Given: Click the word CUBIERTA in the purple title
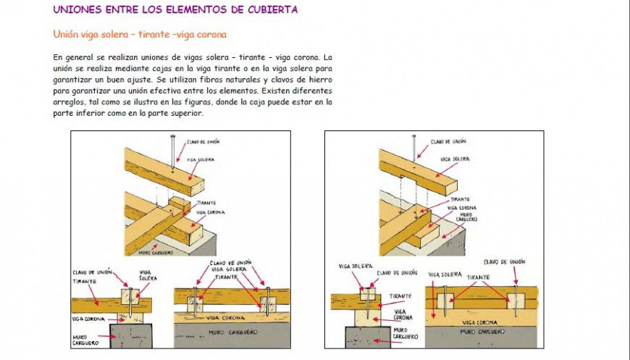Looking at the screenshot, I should click(x=269, y=9).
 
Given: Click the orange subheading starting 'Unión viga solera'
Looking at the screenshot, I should click(x=140, y=34).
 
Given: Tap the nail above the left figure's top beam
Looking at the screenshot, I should click(x=172, y=152).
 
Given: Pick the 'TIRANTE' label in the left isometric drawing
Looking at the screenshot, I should click(x=206, y=203).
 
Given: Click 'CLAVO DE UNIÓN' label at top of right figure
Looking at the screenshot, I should click(x=448, y=141).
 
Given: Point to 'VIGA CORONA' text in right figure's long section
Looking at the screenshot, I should click(x=479, y=322).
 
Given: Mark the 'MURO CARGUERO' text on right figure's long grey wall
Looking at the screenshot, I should click(x=479, y=335).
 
